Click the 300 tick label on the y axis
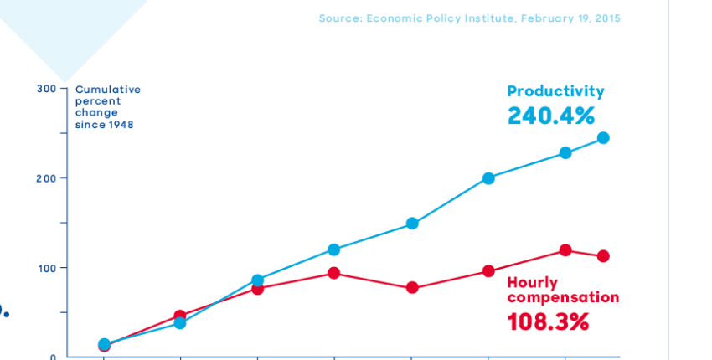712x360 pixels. [x=46, y=89]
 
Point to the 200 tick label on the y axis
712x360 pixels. [x=46, y=178]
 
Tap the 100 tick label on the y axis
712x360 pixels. [x=46, y=268]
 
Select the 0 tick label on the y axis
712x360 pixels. [x=53, y=357]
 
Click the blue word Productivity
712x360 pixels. [x=555, y=92]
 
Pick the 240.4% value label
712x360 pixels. [x=551, y=116]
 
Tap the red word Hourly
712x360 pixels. [x=532, y=283]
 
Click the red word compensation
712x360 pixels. [x=563, y=298]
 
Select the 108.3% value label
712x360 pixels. [x=548, y=321]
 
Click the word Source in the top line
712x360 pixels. [x=339, y=18]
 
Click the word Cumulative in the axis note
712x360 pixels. [x=108, y=90]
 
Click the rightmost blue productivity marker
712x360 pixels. [x=603, y=138]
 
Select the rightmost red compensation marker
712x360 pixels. [x=603, y=256]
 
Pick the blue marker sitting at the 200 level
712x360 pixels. [x=488, y=178]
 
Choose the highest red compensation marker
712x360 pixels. [x=565, y=250]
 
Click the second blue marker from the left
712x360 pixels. [x=180, y=323]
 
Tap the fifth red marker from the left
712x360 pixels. [x=412, y=288]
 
